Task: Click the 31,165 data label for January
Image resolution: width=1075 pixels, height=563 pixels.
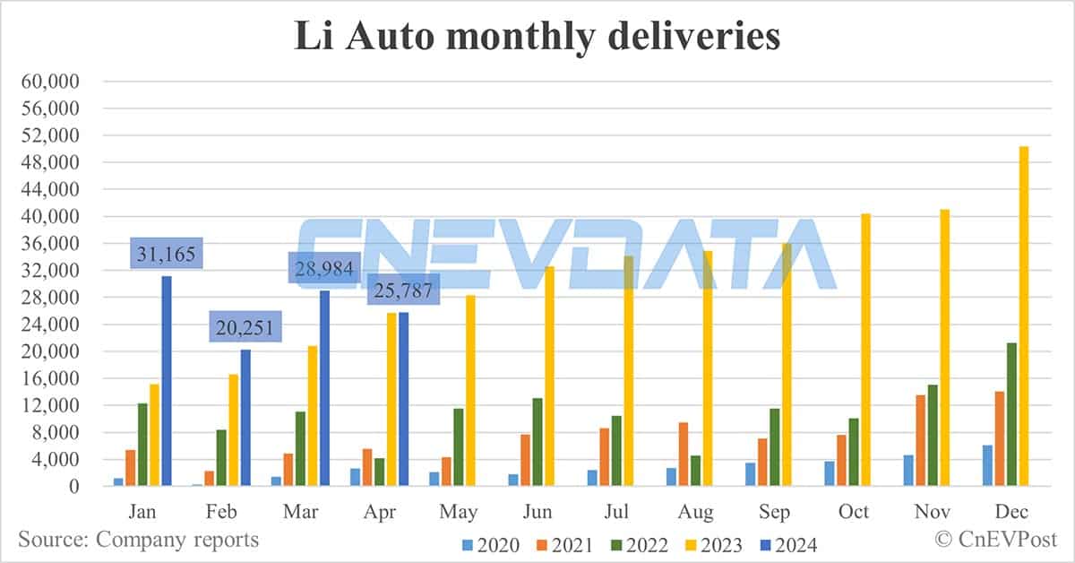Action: coord(167,253)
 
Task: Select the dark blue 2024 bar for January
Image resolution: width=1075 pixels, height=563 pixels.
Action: coord(167,381)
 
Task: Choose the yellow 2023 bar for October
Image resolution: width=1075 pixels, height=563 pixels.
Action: coord(865,350)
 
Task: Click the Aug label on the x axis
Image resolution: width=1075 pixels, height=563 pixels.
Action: coord(696,512)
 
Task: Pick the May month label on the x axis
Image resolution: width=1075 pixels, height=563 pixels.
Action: coord(459,512)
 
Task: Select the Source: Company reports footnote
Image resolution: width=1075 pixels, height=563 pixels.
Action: coord(138,540)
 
